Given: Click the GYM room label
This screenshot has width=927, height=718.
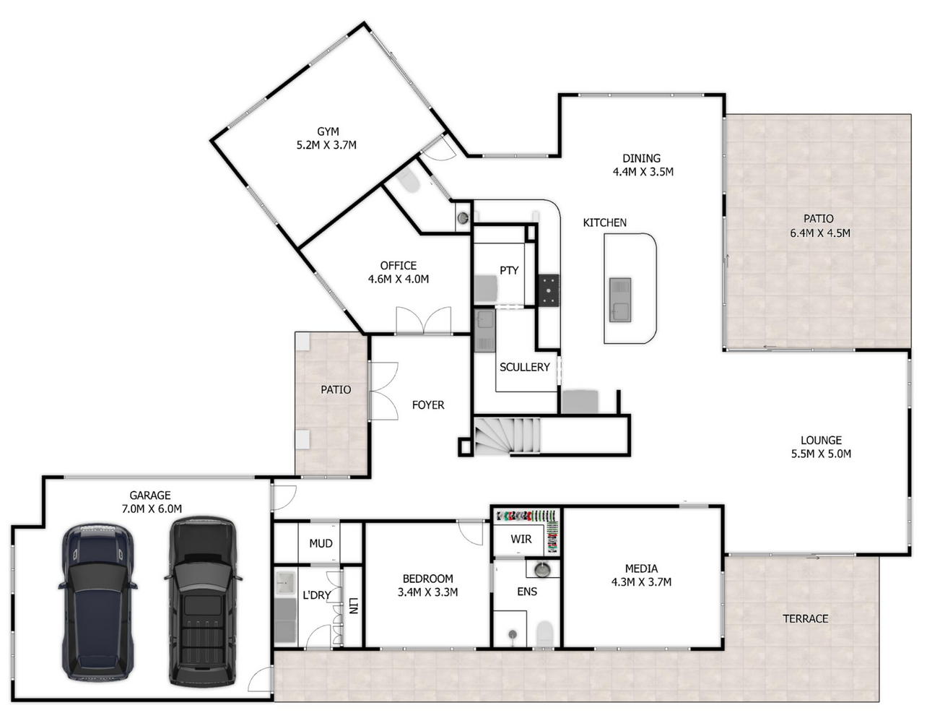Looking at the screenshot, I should pyautogui.click(x=328, y=131).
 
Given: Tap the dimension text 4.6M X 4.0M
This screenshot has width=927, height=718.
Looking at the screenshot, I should pyautogui.click(x=399, y=279).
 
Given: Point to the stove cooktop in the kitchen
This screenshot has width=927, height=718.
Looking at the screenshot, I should pyautogui.click(x=549, y=290).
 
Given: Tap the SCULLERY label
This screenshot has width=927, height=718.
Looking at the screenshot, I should pyautogui.click(x=524, y=367).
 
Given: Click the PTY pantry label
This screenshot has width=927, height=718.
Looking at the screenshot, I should pyautogui.click(x=509, y=270).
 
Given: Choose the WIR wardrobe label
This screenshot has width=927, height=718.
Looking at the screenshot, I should pyautogui.click(x=521, y=539).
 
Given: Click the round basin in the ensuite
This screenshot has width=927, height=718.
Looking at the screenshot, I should pyautogui.click(x=542, y=569).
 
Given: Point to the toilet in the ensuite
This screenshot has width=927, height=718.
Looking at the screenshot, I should pyautogui.click(x=544, y=634).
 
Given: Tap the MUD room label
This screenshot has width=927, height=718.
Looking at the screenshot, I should pyautogui.click(x=321, y=543).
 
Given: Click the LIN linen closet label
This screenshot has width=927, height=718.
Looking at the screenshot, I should pyautogui.click(x=353, y=605).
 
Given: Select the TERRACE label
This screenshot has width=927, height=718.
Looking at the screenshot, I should pyautogui.click(x=805, y=618).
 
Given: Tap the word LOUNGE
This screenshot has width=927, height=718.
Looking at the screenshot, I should pyautogui.click(x=821, y=440).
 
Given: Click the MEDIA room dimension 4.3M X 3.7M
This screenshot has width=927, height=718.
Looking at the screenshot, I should pyautogui.click(x=641, y=581).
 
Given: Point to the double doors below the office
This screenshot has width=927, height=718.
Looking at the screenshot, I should pyautogui.click(x=424, y=320).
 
